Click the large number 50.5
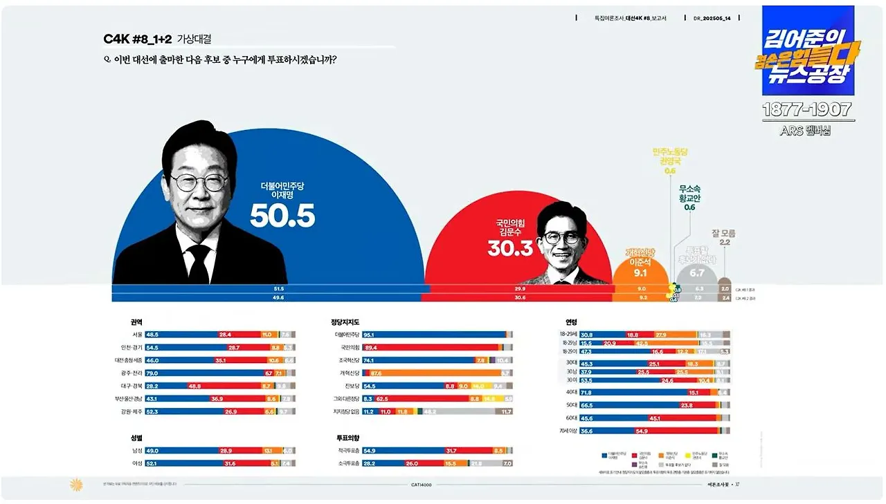282,216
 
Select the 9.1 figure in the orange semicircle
640,273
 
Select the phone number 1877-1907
806,110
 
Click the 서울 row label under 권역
136,335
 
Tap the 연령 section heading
571,322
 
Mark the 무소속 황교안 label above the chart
689,193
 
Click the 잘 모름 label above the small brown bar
723,234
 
